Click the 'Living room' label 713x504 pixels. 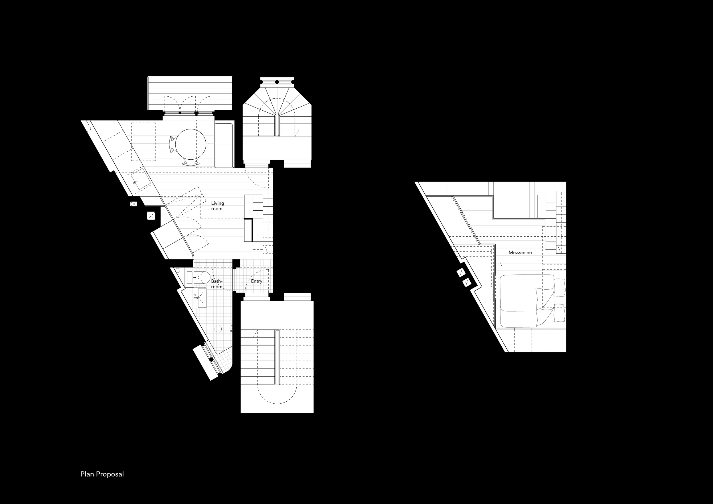[217, 206]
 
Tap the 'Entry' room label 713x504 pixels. [256, 281]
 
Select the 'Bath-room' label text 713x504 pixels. [217, 284]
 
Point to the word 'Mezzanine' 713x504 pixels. [520, 253]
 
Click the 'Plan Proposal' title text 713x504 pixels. [102, 474]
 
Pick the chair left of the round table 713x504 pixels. [172, 144]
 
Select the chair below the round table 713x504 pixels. [190, 162]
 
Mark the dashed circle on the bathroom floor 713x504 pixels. [218, 329]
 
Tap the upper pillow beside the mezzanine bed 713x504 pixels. [560, 288]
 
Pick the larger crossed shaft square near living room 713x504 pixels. [151, 216]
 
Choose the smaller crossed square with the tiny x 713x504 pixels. [133, 204]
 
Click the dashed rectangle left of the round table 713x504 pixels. [143, 142]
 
